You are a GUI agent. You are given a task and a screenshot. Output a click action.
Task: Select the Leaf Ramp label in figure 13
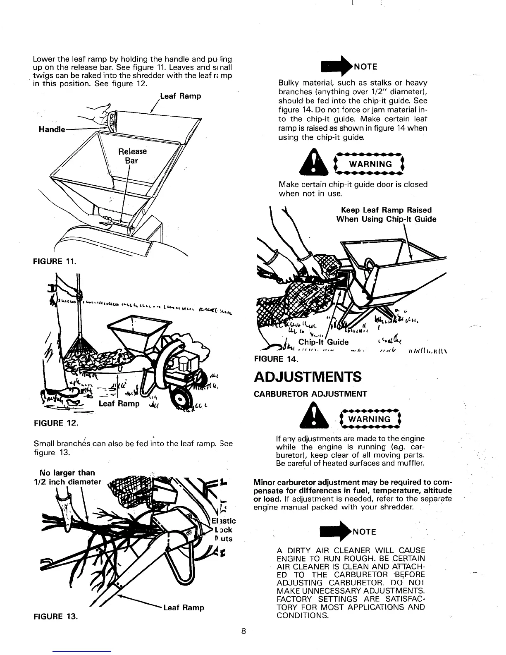click(184, 608)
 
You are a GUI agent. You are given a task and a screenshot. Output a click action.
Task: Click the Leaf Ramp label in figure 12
click(119, 404)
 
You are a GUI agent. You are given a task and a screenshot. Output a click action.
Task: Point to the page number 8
click(244, 631)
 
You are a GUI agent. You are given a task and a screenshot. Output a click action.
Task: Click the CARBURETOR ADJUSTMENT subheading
click(310, 394)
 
